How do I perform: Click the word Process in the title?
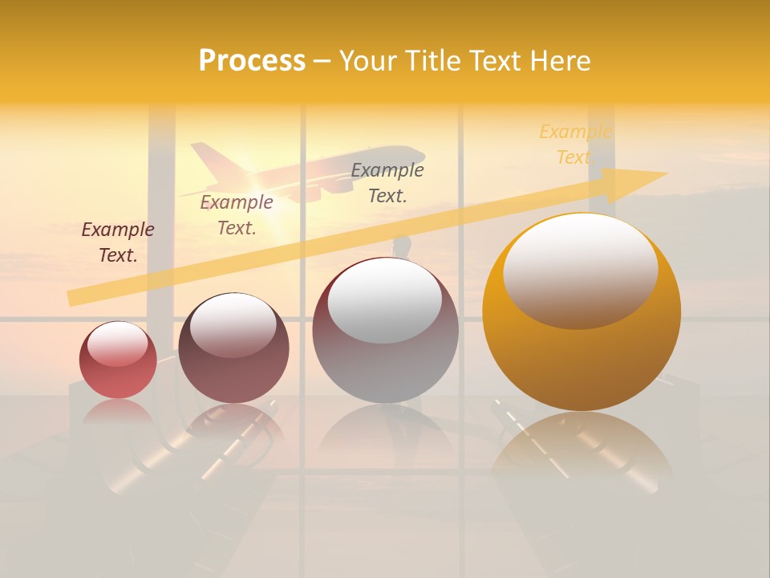[252, 61]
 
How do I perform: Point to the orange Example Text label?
[574, 144]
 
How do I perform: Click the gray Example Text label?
[387, 182]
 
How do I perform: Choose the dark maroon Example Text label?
[118, 242]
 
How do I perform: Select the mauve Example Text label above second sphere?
[237, 215]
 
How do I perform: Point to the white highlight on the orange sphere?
[581, 269]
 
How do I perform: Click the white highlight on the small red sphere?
[117, 344]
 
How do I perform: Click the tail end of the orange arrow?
[74, 298]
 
